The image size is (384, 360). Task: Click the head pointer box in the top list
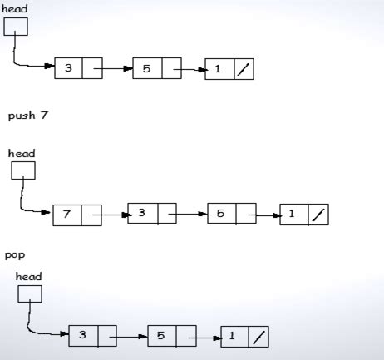[16, 27]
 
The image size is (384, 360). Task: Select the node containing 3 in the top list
[79, 67]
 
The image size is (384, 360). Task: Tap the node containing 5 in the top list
[156, 67]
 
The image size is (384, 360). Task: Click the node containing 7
[76, 215]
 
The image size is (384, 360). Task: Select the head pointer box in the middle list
[23, 170]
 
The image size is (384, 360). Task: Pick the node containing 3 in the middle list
[152, 213]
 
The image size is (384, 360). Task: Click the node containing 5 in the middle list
[231, 214]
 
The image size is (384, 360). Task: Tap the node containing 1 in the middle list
[304, 215]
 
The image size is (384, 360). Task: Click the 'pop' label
[14, 255]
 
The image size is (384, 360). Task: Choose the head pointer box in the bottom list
[29, 293]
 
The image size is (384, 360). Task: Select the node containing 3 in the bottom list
[93, 335]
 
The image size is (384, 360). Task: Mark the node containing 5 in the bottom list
[171, 337]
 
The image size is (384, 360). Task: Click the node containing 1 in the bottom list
[245, 337]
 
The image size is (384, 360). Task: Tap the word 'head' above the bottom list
[28, 276]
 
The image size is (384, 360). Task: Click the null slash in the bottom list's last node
[258, 338]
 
